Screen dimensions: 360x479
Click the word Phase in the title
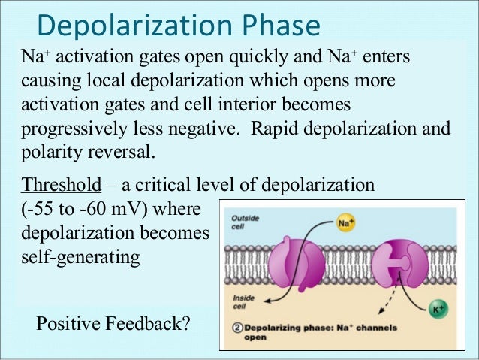click(277, 26)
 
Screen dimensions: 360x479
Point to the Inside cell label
click(243, 301)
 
